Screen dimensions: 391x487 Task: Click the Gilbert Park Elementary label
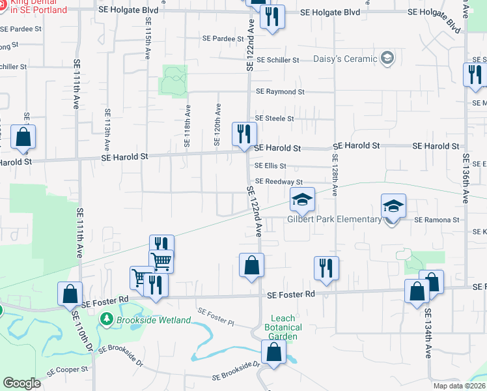point(334,219)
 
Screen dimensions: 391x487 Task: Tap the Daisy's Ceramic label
point(346,59)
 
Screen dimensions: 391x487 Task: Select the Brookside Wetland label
point(153,320)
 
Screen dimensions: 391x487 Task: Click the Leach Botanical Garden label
point(284,328)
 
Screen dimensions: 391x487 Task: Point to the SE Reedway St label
point(279,182)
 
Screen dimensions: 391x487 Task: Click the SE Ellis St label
point(270,166)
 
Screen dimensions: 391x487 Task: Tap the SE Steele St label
point(275,119)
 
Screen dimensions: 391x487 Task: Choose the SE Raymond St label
point(280,93)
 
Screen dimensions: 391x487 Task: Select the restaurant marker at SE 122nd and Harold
point(244,135)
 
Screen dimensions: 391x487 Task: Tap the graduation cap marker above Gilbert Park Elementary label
point(302,200)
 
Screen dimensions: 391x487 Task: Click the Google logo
point(21,384)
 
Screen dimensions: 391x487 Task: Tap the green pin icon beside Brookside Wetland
point(107,320)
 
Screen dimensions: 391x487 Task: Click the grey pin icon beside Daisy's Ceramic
point(387,59)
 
